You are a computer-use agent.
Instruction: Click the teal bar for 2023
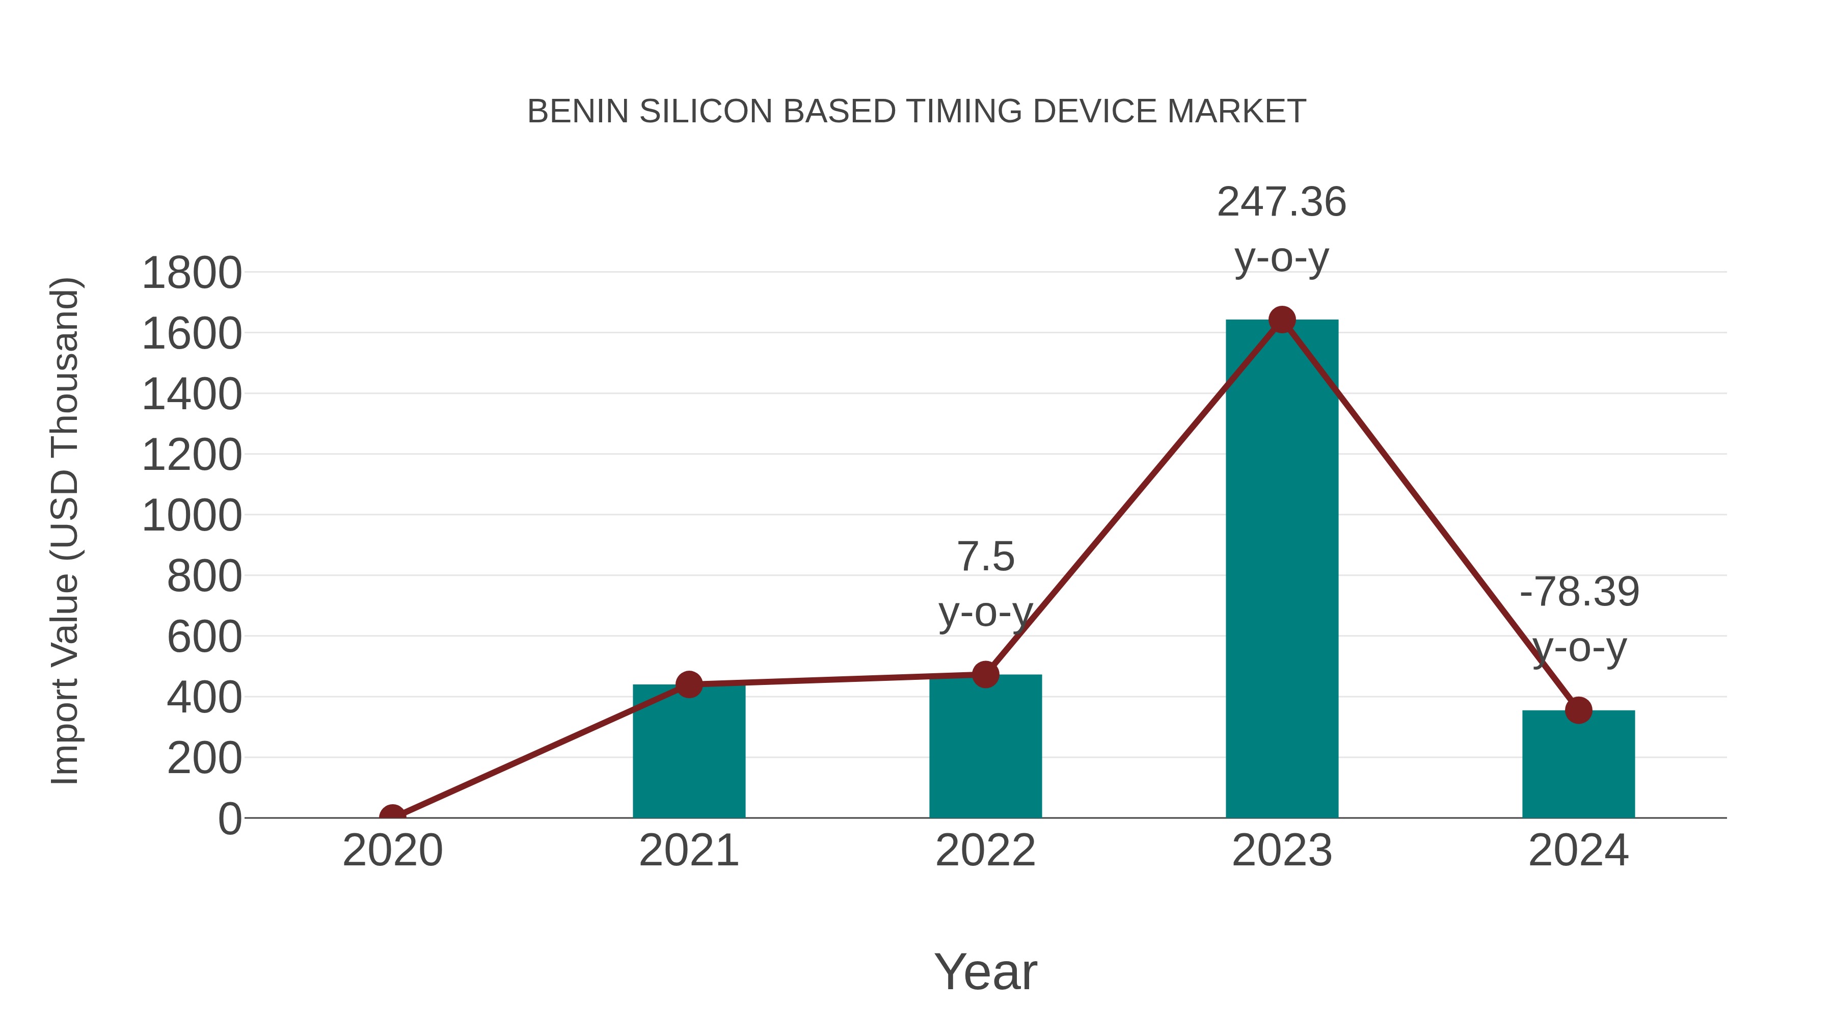pos(1282,570)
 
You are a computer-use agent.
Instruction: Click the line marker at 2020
pos(392,816)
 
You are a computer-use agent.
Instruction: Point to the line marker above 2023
pos(1282,320)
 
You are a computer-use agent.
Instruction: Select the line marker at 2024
pos(1578,710)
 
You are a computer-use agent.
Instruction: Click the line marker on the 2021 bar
pos(688,684)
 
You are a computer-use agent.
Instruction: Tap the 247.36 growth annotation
pos(1282,202)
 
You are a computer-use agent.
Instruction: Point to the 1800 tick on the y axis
pos(192,273)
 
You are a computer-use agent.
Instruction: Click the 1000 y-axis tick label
pos(192,516)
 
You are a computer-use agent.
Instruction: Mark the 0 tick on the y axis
pos(229,819)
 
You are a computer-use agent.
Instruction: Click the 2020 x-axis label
pos(392,851)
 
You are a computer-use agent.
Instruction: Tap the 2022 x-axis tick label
pos(985,851)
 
